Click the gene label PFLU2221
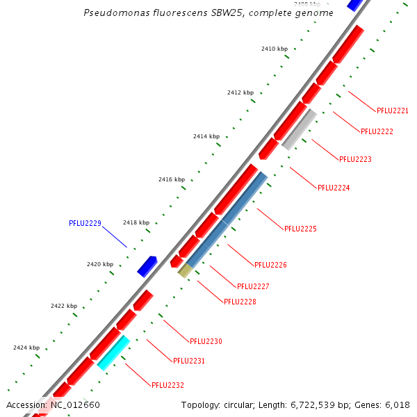point(392,111)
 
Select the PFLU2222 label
point(377,131)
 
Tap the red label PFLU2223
point(355,159)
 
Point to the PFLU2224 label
point(334,188)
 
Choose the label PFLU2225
point(300,229)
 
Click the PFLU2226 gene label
point(270,265)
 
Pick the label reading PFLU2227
point(253,286)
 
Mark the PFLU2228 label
point(240,302)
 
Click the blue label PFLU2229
point(85,223)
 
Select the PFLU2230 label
point(206,341)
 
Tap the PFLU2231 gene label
point(188,361)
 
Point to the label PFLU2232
point(167,385)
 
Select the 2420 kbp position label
point(99,264)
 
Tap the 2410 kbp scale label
point(274,49)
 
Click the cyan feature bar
point(113,352)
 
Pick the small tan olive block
point(185,270)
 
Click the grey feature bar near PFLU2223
point(300,129)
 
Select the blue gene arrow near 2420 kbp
point(147,265)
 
